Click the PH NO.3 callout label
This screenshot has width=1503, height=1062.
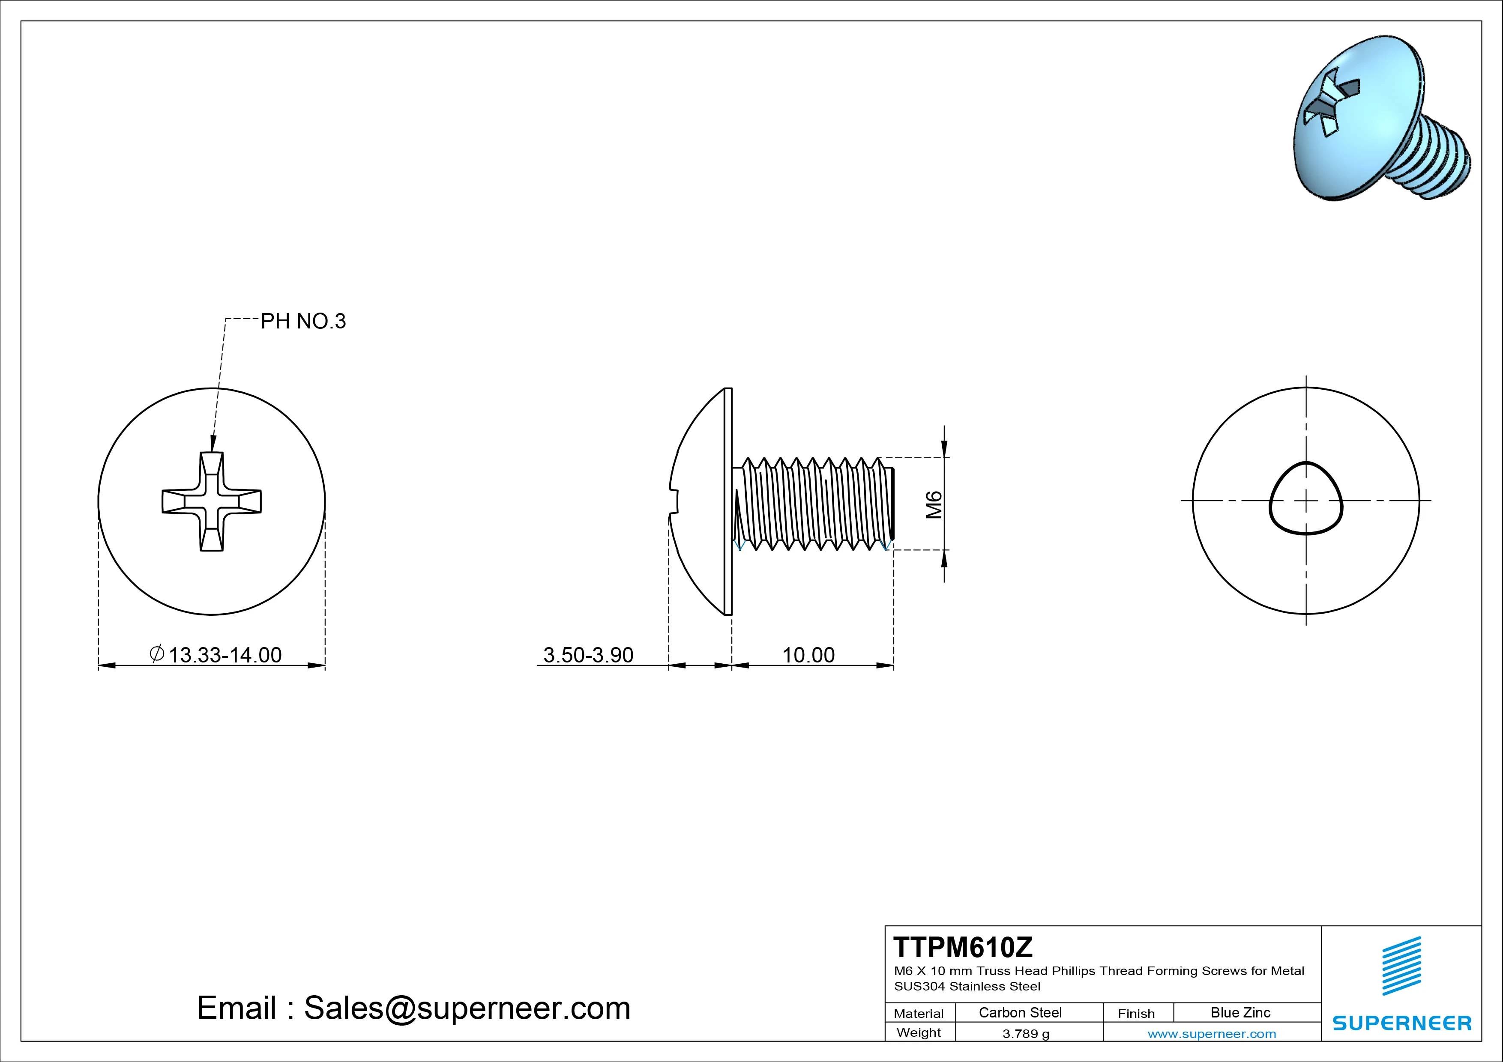[303, 321]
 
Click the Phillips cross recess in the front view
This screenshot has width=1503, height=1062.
[212, 501]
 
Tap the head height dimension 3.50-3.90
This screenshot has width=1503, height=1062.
[588, 655]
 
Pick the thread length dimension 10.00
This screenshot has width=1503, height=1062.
[808, 655]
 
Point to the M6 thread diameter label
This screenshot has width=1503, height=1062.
[934, 504]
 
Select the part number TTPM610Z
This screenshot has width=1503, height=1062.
[963, 947]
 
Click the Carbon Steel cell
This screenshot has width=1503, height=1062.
[1020, 1013]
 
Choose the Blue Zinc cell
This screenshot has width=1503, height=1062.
[1240, 1013]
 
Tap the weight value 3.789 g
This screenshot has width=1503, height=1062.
[1026, 1034]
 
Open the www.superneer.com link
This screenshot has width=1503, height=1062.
[1212, 1034]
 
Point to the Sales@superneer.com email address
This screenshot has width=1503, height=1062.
[467, 1008]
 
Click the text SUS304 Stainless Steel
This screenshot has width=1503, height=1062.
[967, 986]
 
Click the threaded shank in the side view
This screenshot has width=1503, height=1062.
[815, 503]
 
